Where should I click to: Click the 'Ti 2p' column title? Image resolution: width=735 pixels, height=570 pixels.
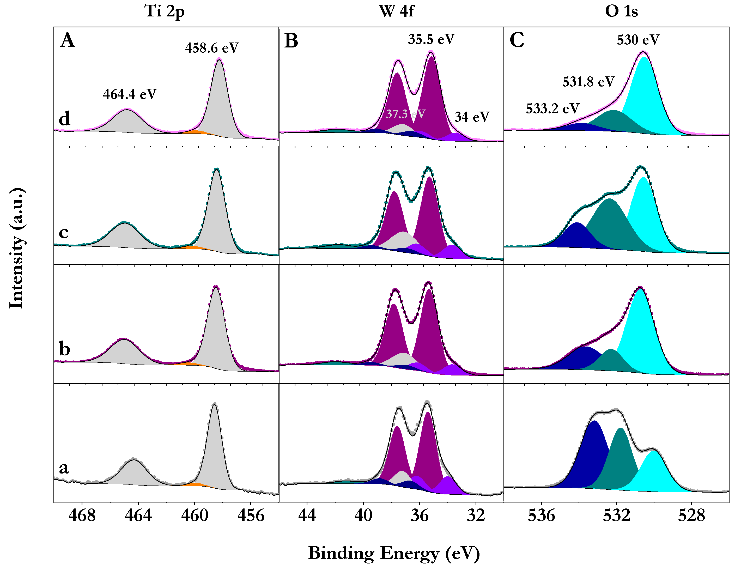coord(165,11)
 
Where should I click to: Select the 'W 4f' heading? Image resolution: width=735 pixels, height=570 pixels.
coord(397,11)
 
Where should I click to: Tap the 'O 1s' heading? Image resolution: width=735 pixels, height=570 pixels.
coord(621,11)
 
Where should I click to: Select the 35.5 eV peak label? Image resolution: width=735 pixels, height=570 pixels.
coord(431,39)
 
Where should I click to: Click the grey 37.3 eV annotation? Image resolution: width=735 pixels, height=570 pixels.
coord(405,114)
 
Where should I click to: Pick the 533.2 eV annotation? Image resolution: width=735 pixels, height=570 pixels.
coord(552,109)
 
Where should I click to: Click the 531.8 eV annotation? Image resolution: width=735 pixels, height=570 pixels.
coord(588,82)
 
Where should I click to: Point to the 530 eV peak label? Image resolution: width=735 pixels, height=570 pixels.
coord(638,40)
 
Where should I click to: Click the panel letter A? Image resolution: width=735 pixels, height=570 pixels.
coord(68,40)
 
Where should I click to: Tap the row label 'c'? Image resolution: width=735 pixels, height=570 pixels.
coord(64,233)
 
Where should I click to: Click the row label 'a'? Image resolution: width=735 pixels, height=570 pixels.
coord(64,468)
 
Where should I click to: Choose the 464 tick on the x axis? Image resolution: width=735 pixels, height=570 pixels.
coord(138,515)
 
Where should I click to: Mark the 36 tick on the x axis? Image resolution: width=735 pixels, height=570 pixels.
coord(419,515)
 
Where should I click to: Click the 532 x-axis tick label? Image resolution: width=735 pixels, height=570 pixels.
coord(616,515)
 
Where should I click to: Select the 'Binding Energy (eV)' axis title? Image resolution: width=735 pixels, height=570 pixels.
coord(394,553)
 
